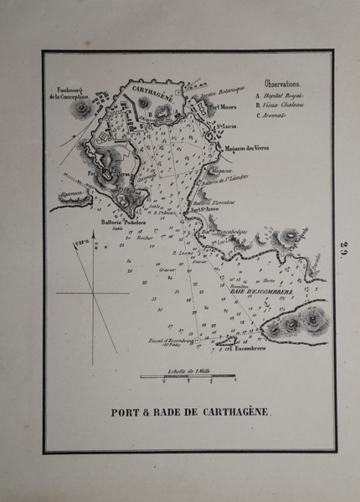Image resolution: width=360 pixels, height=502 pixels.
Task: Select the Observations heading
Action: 282,85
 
